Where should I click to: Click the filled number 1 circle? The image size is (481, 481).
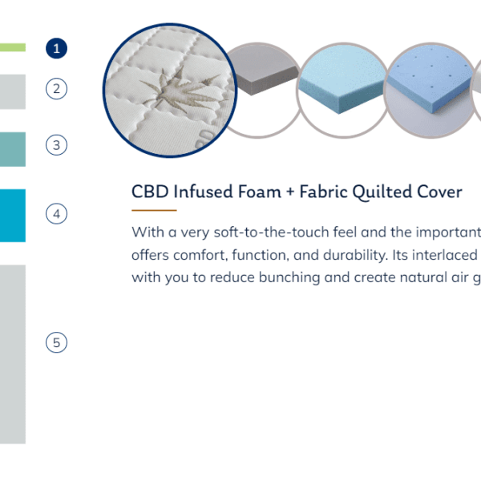click(56, 48)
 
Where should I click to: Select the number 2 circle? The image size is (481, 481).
click(56, 89)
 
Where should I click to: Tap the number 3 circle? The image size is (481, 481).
click(56, 145)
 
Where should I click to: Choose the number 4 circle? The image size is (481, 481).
click(56, 213)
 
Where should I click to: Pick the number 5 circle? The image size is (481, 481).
click(56, 342)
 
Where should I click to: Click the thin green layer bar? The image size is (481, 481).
click(13, 47)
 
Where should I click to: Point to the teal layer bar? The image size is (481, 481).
click(13, 149)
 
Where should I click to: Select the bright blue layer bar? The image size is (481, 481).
click(13, 216)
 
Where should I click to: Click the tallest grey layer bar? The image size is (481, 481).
click(13, 354)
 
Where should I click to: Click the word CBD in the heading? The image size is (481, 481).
click(150, 192)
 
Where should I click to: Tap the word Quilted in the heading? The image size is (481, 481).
click(382, 192)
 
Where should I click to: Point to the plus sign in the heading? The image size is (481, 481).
click(290, 192)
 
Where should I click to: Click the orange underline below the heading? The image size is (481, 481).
click(154, 210)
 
